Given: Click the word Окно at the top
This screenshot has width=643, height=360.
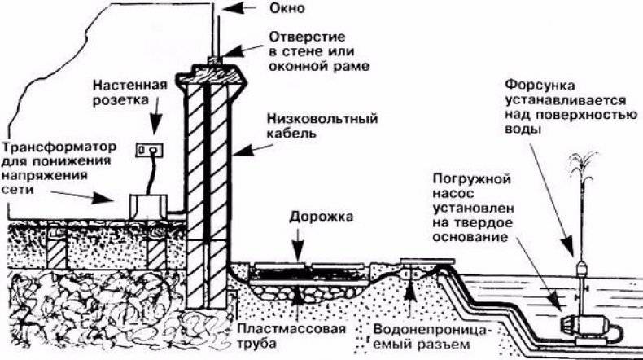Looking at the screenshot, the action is click(287, 8).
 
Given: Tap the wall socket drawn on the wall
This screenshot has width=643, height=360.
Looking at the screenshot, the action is click(149, 150).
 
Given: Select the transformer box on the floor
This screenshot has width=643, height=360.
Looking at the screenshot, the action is click(148, 207).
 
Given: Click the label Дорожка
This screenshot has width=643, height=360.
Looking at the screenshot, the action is click(321, 217).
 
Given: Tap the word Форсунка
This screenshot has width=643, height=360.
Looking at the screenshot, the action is click(540, 86).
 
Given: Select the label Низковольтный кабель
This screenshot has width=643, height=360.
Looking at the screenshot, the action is click(322, 126).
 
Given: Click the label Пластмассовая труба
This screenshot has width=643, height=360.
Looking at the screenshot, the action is click(291, 336).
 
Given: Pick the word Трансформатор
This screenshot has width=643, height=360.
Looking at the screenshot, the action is click(59, 147).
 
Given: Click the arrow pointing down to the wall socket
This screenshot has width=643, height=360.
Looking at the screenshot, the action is click(154, 116).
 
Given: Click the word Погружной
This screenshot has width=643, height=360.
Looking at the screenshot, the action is click(471, 180).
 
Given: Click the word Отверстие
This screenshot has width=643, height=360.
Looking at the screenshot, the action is click(307, 37).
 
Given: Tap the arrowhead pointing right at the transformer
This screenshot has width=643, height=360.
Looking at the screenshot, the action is click(103, 198).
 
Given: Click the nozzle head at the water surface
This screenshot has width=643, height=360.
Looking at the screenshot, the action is click(582, 269).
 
